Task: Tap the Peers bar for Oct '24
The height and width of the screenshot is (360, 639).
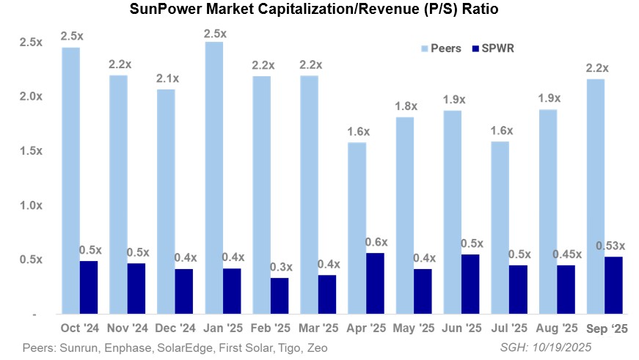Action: pos(70,180)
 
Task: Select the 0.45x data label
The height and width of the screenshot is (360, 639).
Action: pos(563,254)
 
